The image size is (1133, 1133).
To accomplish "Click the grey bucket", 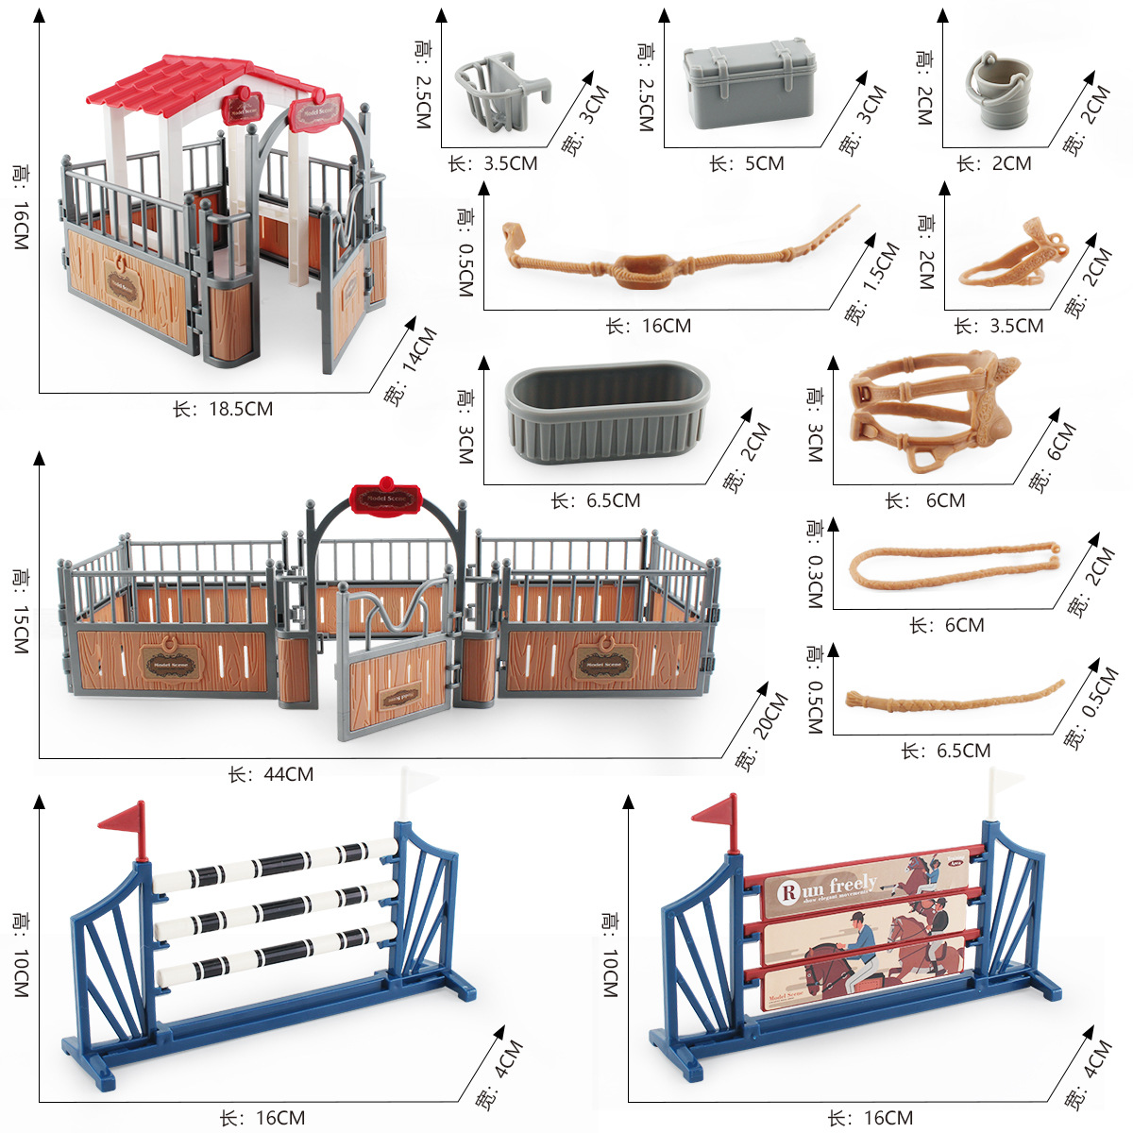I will pyautogui.click(x=997, y=92).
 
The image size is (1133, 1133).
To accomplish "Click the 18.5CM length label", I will pyautogui.click(x=223, y=409).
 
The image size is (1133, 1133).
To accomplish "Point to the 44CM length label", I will pyautogui.click(x=271, y=774).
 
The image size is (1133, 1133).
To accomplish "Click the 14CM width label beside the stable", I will pyautogui.click(x=412, y=365).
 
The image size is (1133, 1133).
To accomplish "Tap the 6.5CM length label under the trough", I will pyautogui.click(x=596, y=500).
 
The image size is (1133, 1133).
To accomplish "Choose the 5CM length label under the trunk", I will pyautogui.click(x=747, y=163).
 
